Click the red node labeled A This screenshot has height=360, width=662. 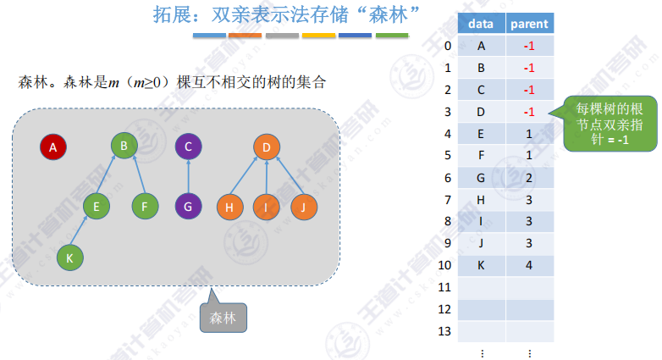pyautogui.click(x=53, y=148)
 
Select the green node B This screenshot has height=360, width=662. pyautogui.click(x=124, y=147)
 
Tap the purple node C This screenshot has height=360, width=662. pyautogui.click(x=189, y=147)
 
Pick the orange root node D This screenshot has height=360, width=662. pyautogui.click(x=266, y=148)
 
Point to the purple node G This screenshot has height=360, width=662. pyautogui.click(x=189, y=206)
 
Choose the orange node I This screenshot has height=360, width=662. pyautogui.click(x=267, y=206)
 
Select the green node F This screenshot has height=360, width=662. pyautogui.click(x=146, y=205)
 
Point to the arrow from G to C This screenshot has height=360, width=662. pyautogui.click(x=189, y=176)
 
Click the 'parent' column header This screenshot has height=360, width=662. pyautogui.click(x=529, y=24)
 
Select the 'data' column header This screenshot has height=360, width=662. pyautogui.click(x=482, y=24)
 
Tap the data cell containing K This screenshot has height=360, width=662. pyautogui.click(x=482, y=266)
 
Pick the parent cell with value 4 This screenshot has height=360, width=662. pyautogui.click(x=529, y=266)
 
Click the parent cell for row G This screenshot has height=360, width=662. pyautogui.click(x=529, y=178)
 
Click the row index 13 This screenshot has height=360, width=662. pyautogui.click(x=448, y=332)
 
